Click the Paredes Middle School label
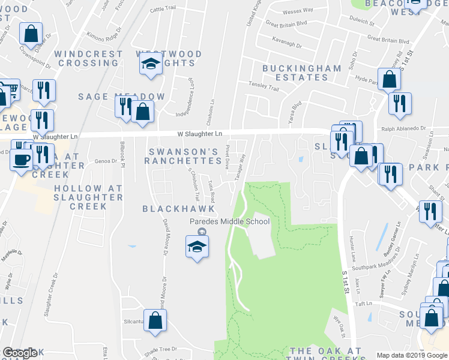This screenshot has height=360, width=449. pyautogui.click(x=230, y=221)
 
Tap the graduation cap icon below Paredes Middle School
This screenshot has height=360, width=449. pyautogui.click(x=197, y=246)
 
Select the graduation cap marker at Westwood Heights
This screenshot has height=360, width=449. pyautogui.click(x=150, y=64)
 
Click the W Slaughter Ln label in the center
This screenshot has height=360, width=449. pyautogui.click(x=200, y=133)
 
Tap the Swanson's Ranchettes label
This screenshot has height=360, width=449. pyautogui.click(x=185, y=156)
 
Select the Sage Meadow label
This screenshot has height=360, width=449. pyautogui.click(x=122, y=97)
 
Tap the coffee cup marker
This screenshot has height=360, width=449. pyautogui.click(x=22, y=160)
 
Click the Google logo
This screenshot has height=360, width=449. pyautogui.click(x=20, y=353)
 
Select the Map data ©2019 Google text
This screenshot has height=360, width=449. pyautogui.click(x=411, y=355)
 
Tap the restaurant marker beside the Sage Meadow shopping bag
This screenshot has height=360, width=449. pyautogui.click(x=125, y=106)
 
